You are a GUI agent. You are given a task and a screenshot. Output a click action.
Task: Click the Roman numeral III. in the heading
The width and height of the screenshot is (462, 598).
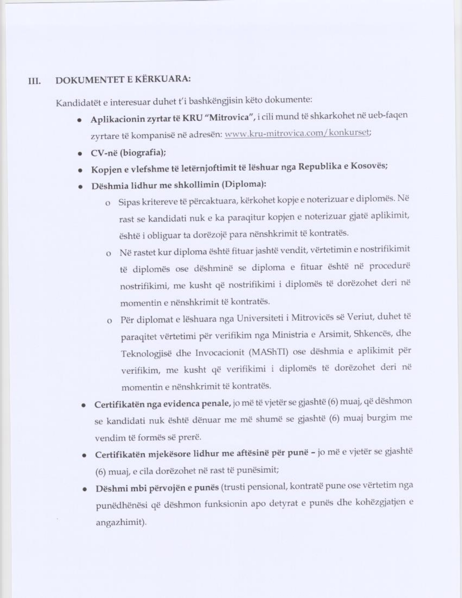(35, 81)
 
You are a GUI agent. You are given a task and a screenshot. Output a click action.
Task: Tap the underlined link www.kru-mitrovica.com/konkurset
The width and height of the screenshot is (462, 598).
(298, 133)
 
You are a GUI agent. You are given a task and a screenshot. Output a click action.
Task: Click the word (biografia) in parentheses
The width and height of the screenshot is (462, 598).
(143, 153)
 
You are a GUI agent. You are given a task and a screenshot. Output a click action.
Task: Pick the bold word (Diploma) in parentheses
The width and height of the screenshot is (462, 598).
(244, 184)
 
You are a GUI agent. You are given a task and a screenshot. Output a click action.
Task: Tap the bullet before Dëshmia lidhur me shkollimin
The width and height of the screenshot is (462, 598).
(81, 187)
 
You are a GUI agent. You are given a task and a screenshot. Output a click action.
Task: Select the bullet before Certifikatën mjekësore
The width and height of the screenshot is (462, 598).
(84, 456)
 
